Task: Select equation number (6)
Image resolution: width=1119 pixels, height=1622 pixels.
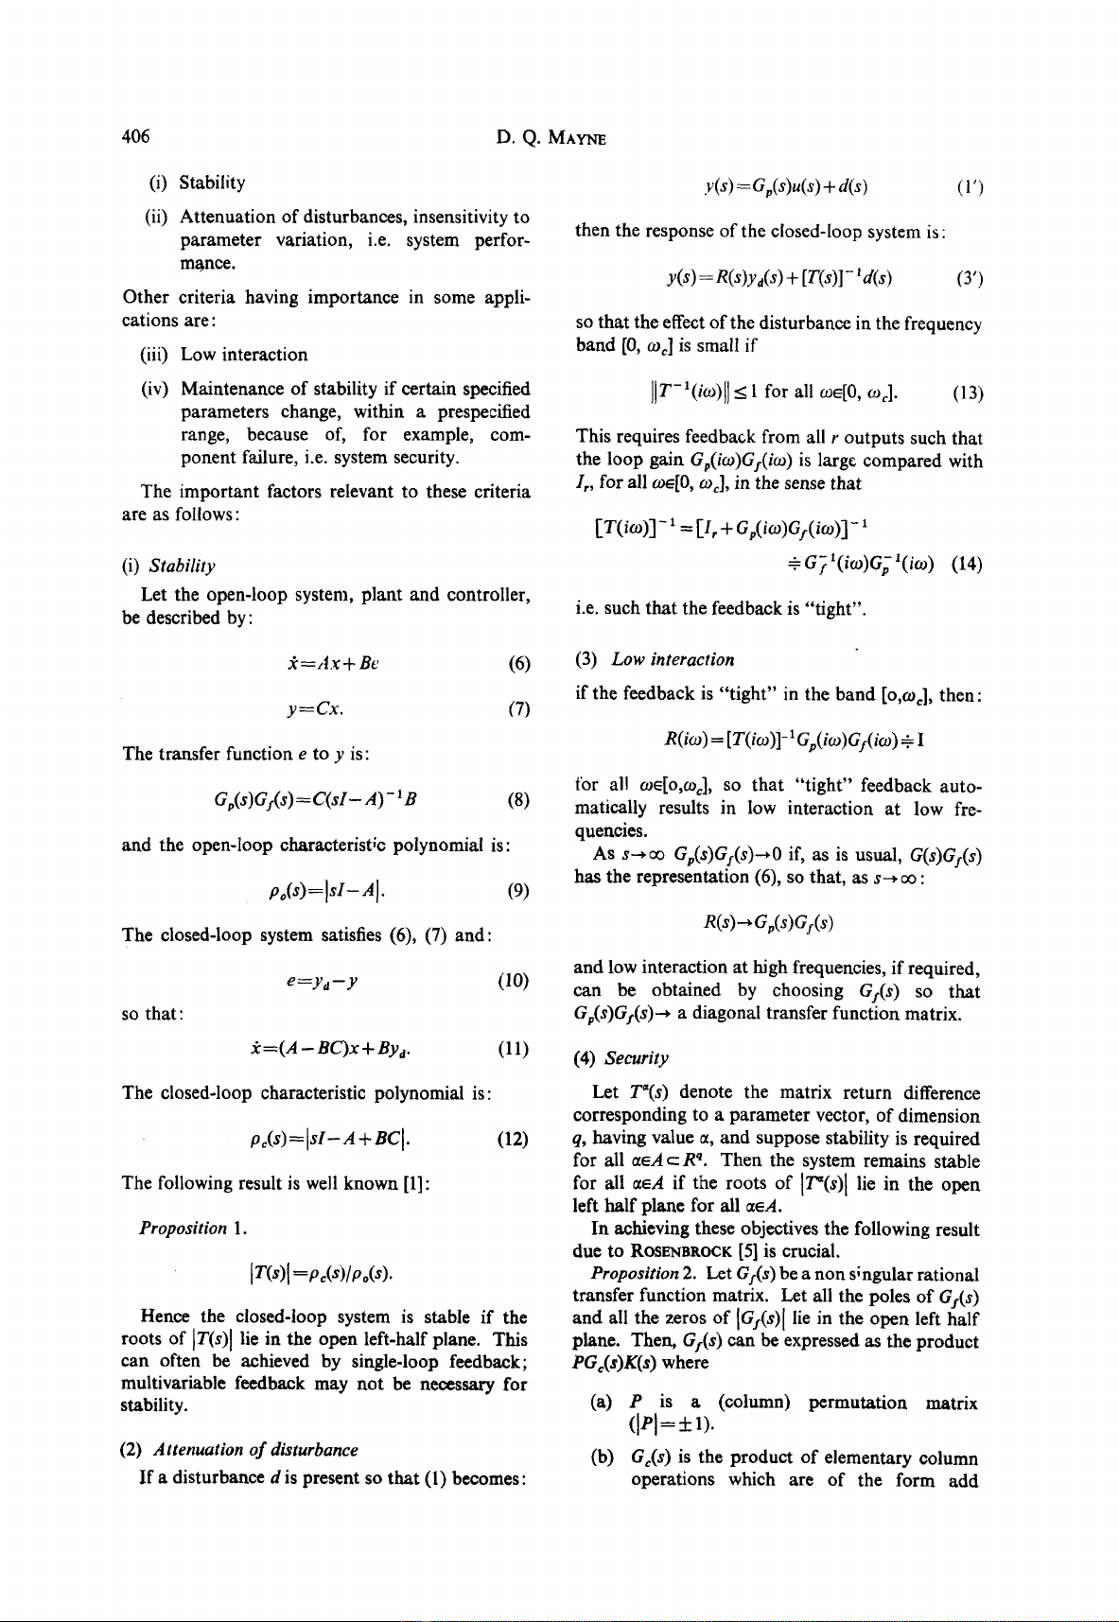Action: click(x=518, y=663)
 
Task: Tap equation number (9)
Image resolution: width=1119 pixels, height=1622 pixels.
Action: click(x=518, y=890)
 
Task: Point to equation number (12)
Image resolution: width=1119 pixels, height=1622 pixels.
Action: click(x=514, y=1138)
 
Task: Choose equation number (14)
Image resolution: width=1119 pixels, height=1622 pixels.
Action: click(x=968, y=566)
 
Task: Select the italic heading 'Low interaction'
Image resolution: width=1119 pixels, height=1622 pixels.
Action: click(x=673, y=659)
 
